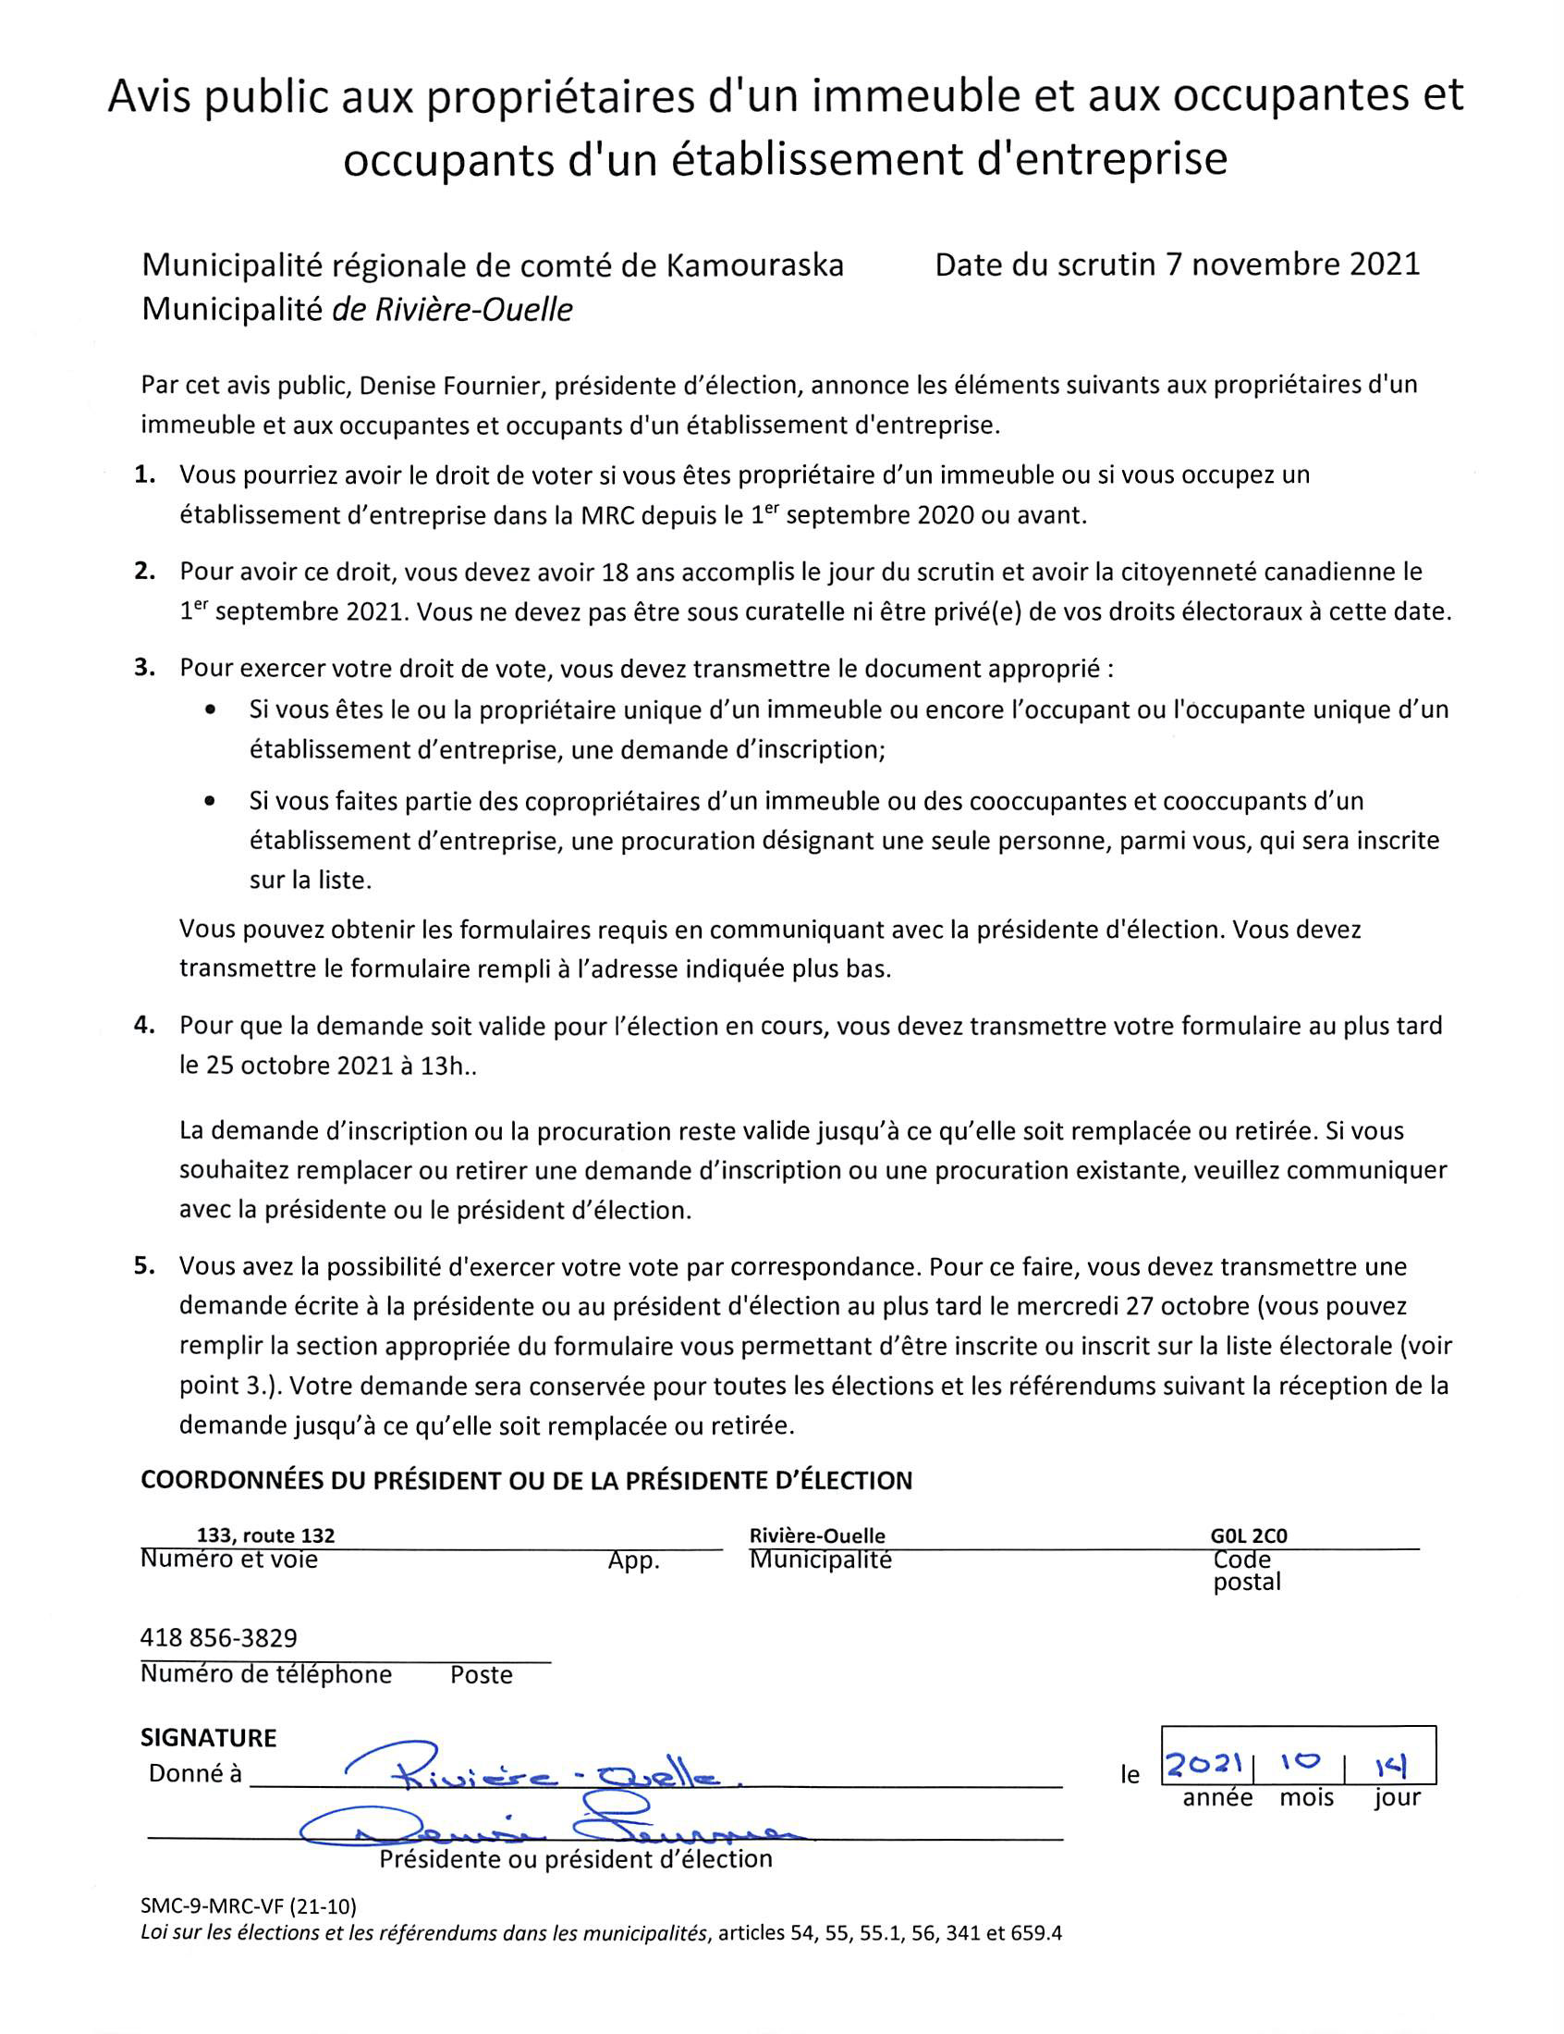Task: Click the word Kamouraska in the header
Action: pyautogui.click(x=754, y=265)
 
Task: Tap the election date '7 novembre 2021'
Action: pyautogui.click(x=1293, y=265)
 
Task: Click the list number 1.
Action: pyautogui.click(x=144, y=475)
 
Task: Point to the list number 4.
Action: pyautogui.click(x=144, y=1026)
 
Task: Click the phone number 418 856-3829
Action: pyautogui.click(x=219, y=1638)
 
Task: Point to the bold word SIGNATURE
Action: pyautogui.click(x=209, y=1738)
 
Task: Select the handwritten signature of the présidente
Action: pyautogui.click(x=549, y=1832)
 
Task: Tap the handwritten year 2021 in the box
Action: pyautogui.click(x=1206, y=1763)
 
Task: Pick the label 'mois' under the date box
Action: pyautogui.click(x=1306, y=1797)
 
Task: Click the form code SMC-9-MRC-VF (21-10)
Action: pyautogui.click(x=249, y=1906)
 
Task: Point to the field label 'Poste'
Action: pyautogui.click(x=482, y=1675)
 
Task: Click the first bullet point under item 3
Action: pyautogui.click(x=212, y=709)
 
